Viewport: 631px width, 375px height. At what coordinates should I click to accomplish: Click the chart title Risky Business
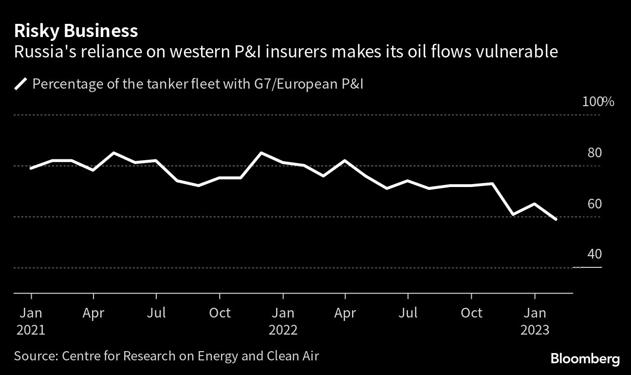76,31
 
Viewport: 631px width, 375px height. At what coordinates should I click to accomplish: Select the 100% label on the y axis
598,102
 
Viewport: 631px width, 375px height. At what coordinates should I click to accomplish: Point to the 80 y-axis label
594,153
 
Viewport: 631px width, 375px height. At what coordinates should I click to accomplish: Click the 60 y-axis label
594,204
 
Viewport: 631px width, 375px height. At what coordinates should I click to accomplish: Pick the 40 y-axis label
594,254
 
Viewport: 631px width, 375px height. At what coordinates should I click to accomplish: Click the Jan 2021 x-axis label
31,321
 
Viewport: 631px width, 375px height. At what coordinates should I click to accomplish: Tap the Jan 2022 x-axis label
283,321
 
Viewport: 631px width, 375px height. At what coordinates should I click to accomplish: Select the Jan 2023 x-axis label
535,321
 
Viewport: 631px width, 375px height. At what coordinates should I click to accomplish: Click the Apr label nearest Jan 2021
93,313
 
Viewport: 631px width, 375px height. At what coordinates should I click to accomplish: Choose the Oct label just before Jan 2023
471,313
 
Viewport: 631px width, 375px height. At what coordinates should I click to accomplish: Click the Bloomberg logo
585,359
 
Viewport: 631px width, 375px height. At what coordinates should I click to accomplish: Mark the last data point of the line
556,219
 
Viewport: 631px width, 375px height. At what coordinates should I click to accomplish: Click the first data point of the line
31,168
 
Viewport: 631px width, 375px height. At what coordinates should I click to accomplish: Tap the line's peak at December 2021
262,153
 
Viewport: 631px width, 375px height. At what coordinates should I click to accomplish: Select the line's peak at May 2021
114,153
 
